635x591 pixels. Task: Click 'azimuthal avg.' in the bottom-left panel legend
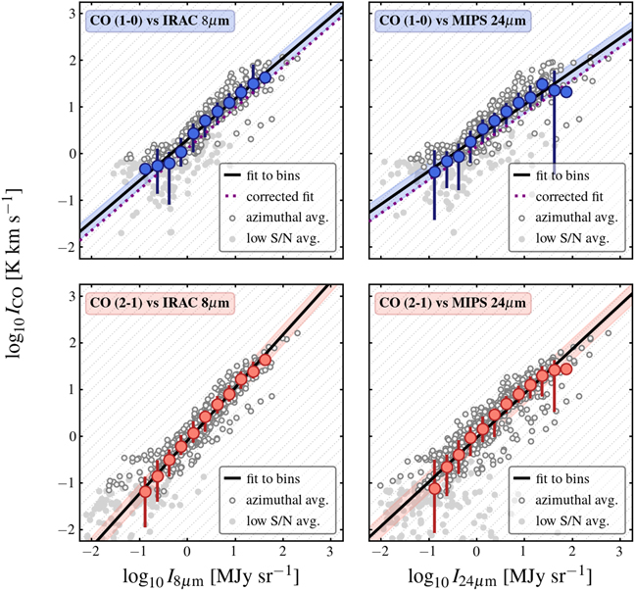(289, 498)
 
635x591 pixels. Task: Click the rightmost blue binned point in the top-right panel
(565, 91)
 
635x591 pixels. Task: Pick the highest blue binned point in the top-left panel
(265, 76)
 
